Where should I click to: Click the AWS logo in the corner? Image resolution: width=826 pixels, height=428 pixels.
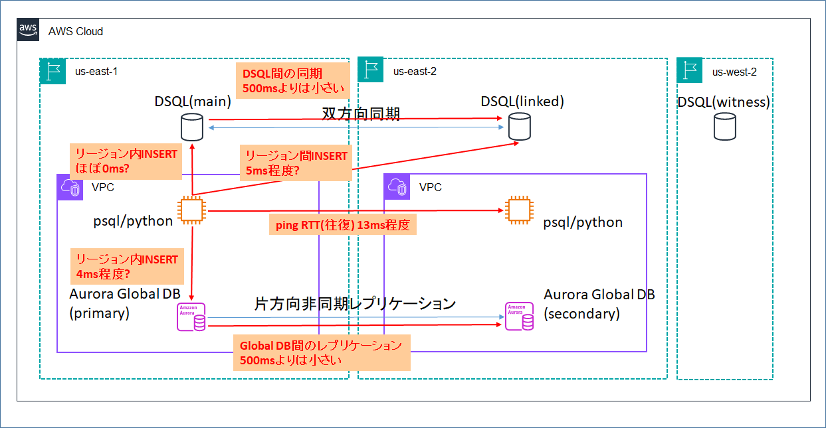click(x=28, y=30)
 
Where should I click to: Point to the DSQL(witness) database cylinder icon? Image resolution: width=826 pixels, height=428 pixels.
click(x=724, y=125)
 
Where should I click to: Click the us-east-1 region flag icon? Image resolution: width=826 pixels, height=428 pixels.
click(x=53, y=71)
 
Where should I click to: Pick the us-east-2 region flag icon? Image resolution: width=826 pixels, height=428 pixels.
click(x=371, y=70)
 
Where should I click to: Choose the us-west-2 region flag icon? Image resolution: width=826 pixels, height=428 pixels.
click(x=690, y=70)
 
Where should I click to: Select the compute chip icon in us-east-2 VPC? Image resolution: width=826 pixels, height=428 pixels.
click(x=517, y=210)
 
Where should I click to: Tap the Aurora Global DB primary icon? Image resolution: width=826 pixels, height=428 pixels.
click(x=191, y=317)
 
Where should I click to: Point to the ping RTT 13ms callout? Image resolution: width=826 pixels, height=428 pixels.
click(x=342, y=225)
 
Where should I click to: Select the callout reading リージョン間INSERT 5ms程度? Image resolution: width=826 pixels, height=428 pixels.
click(x=296, y=163)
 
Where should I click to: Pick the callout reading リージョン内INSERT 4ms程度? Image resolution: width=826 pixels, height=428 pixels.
click(x=126, y=266)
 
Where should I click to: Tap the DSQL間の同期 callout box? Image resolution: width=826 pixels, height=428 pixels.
click(x=292, y=81)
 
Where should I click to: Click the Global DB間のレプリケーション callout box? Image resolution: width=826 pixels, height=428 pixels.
click(x=321, y=352)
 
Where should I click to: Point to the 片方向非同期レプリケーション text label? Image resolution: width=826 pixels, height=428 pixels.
click(x=355, y=304)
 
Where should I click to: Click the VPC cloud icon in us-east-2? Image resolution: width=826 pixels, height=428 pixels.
click(x=397, y=187)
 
